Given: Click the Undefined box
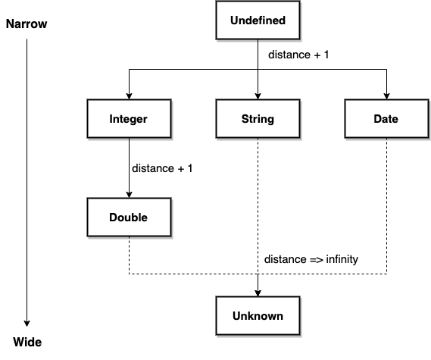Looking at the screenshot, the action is (x=258, y=20).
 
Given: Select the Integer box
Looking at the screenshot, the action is (x=130, y=118).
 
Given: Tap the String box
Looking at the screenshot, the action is (x=258, y=118).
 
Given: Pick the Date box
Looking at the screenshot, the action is (x=386, y=118).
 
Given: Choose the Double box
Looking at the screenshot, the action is (x=130, y=217).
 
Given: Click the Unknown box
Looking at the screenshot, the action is (x=258, y=316).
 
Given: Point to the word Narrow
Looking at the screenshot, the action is (x=27, y=24).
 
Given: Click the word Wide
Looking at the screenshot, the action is (x=27, y=342).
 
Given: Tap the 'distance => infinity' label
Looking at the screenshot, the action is (x=311, y=259).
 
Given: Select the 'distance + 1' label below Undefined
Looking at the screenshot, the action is (x=298, y=55).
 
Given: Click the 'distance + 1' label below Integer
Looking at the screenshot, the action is (x=162, y=168).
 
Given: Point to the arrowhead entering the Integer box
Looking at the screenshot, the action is (x=130, y=96).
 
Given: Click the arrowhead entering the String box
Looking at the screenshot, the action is (x=258, y=96).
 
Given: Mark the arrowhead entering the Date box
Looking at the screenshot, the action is (x=387, y=96).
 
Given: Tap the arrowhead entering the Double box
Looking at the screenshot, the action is (x=130, y=195).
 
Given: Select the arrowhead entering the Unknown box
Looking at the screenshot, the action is (x=258, y=293).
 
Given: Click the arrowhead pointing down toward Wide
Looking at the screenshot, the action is (x=27, y=324).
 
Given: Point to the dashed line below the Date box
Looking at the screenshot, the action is (x=387, y=205).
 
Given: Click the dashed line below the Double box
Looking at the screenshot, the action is (x=130, y=255).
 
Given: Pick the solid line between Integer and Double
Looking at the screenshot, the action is (x=130, y=167).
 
